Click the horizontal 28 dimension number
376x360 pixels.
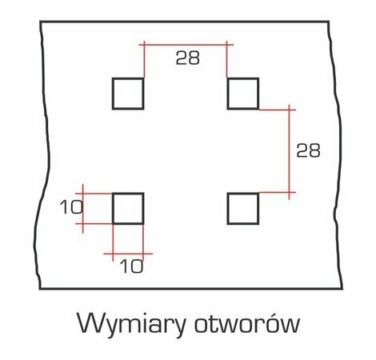point(188,58)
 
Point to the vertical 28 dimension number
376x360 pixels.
point(308,150)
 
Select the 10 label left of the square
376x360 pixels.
point(71,207)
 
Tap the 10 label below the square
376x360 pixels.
point(132,266)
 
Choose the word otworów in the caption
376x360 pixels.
point(247,322)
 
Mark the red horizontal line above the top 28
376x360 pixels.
point(186,45)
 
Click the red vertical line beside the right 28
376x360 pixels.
point(289,152)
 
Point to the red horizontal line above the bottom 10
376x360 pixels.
point(128,254)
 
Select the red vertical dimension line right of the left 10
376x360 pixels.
point(83,209)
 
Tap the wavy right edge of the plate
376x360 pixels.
point(337,154)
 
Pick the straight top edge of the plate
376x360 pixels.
point(185,22)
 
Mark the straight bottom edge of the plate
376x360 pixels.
point(191,288)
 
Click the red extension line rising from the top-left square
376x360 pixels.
point(144,59)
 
